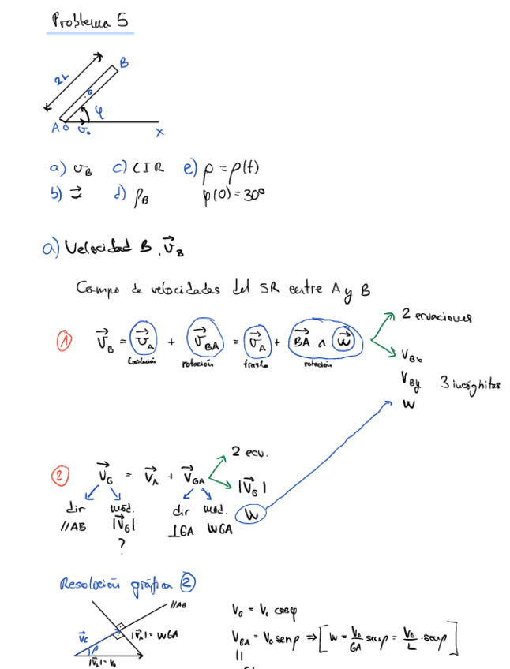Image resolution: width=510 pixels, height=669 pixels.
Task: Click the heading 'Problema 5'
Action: (89, 21)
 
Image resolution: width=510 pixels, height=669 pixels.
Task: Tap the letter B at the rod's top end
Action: (124, 62)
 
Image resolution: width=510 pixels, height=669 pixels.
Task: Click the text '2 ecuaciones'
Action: (436, 316)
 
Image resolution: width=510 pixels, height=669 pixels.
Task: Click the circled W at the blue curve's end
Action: (252, 516)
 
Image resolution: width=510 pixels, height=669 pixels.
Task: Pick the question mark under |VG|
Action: (121, 543)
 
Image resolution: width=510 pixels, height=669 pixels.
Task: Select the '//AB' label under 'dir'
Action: (73, 527)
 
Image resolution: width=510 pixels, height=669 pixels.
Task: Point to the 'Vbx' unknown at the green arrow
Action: (411, 355)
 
